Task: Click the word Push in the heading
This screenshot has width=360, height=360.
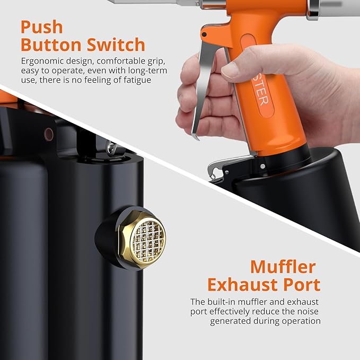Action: coord(41,27)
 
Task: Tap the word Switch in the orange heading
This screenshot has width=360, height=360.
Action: coord(116,45)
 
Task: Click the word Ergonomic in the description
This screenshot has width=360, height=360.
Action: coord(42,62)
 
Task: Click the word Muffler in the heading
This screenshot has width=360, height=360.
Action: coord(283,267)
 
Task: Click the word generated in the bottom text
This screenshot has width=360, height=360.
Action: coord(230,321)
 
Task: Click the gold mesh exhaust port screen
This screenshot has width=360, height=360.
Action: coord(148,240)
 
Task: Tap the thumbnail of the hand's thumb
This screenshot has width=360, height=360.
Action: coord(230,70)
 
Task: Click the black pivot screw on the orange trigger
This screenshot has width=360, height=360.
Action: coord(204,35)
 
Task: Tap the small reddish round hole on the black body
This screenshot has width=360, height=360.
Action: coord(49,134)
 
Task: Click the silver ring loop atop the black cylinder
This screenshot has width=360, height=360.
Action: coord(112,148)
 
